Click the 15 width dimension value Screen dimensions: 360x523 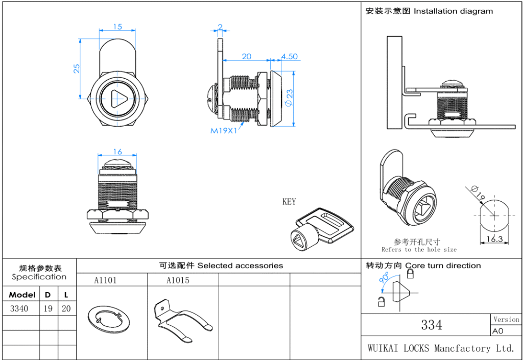[x=117, y=27]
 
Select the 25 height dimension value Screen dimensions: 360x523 [x=77, y=68]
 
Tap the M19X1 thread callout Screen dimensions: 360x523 [x=224, y=131]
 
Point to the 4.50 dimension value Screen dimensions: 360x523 [x=289, y=56]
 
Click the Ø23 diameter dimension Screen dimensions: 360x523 [x=289, y=98]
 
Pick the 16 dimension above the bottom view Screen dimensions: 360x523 [x=117, y=152]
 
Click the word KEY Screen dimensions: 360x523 [x=289, y=202]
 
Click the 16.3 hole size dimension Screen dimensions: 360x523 [x=494, y=238]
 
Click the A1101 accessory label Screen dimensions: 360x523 [x=105, y=280]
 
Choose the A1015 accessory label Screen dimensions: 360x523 [x=178, y=280]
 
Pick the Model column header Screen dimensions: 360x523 [x=22, y=295]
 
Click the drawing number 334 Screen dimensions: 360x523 [x=432, y=325]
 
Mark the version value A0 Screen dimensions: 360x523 [x=497, y=331]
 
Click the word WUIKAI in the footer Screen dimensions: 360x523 [x=383, y=348]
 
